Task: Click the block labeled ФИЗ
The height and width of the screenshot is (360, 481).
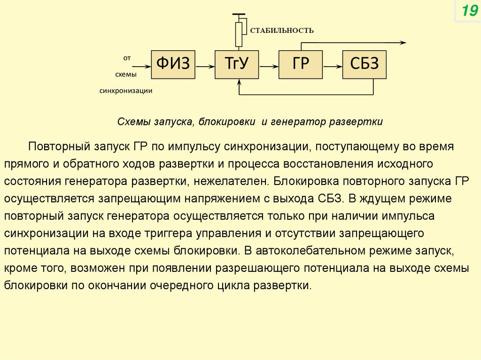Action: [173, 64]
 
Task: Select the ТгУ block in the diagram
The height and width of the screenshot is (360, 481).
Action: [237, 64]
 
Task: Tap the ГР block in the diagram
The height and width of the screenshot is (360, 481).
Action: [301, 64]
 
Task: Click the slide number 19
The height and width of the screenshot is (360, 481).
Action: [468, 11]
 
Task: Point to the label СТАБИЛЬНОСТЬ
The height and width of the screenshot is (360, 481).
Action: [281, 31]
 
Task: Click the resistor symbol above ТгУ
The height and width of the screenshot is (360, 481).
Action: [239, 34]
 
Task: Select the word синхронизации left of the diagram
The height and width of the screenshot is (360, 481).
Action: [126, 91]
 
